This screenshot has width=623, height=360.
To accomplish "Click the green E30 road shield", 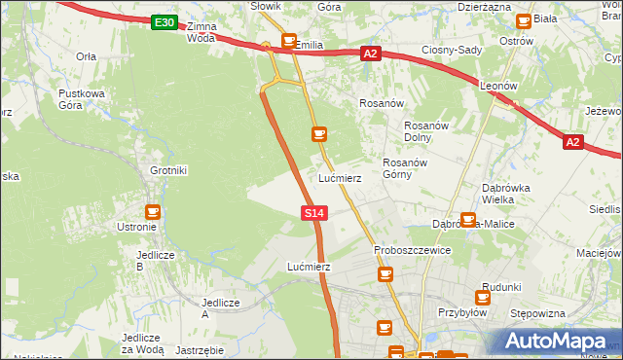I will (165, 22).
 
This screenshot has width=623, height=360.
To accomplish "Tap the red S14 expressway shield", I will (312, 212).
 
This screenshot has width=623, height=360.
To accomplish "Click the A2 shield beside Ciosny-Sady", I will (369, 54).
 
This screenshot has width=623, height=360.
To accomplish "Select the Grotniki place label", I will (167, 170).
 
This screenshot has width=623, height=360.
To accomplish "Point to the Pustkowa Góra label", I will (81, 98).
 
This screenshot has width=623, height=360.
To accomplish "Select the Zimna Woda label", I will (200, 32).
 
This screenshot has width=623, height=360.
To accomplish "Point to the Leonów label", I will (498, 86).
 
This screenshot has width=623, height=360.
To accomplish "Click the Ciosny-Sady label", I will (454, 50).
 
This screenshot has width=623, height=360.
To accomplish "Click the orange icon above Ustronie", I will (153, 210).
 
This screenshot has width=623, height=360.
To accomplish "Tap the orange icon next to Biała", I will (524, 19).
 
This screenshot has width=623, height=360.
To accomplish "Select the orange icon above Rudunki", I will (482, 298).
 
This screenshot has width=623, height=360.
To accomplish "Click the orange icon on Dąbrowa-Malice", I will (468, 221).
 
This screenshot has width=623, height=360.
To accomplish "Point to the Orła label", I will (86, 56).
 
